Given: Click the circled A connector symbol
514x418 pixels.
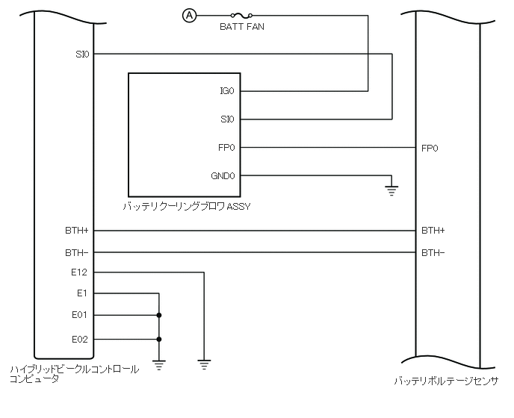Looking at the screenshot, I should click(x=189, y=14).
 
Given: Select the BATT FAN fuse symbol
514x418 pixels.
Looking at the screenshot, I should click(x=241, y=14).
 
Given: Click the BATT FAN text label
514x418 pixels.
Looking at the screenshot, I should click(x=241, y=27).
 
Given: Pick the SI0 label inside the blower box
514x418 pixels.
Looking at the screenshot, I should click(x=227, y=119).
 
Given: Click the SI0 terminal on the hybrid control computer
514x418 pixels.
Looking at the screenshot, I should click(x=82, y=54).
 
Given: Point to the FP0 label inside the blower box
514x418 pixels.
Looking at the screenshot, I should click(x=227, y=147).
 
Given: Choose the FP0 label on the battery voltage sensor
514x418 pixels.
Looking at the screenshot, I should click(x=430, y=148).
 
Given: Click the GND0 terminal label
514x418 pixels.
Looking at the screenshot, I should click(x=223, y=175).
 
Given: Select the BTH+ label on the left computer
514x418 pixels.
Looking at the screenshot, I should click(x=77, y=230).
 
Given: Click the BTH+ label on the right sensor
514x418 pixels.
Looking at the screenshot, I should click(x=433, y=230).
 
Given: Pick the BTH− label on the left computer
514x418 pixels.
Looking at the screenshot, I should click(x=77, y=252).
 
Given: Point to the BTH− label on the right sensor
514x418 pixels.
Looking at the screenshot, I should click(x=433, y=252).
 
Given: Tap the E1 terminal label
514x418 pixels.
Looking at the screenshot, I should click(x=82, y=293).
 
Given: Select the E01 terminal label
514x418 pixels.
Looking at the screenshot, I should click(x=80, y=315).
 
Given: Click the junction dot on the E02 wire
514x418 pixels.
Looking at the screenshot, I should click(x=158, y=338).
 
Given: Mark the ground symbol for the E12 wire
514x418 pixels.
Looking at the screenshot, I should click(x=203, y=365).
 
